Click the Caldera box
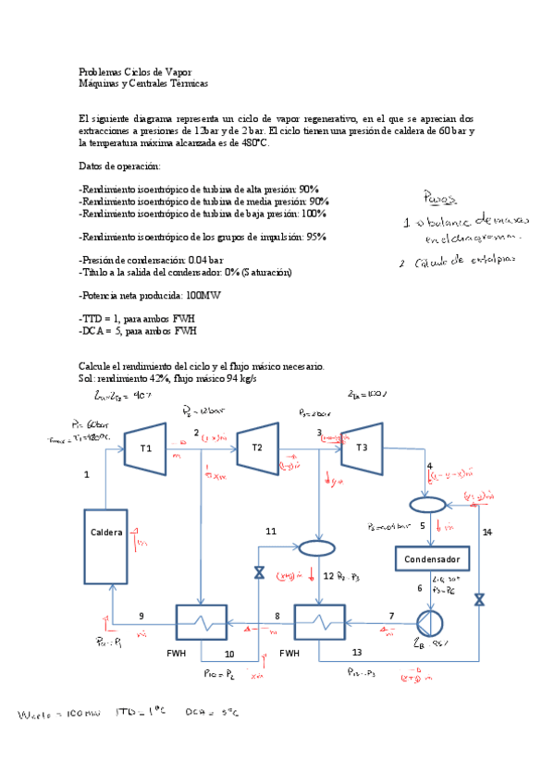click(106, 533)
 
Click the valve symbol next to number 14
click(479, 599)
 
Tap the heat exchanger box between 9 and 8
click(203, 620)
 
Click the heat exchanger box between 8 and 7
click(320, 619)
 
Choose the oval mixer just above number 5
click(427, 505)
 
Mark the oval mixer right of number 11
click(317, 546)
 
